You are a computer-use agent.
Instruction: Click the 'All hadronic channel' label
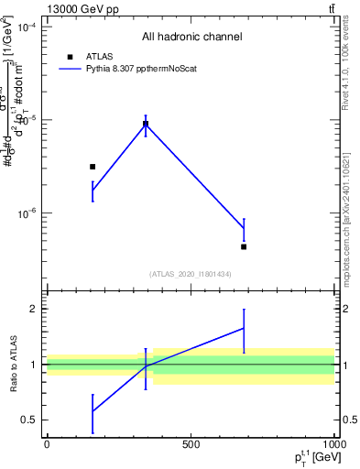(x=191, y=37)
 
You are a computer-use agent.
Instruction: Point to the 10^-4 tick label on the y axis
(x=28, y=27)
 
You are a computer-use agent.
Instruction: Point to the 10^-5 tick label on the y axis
(x=28, y=120)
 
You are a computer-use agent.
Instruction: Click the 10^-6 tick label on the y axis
(x=28, y=213)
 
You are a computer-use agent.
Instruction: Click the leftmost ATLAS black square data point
(x=93, y=167)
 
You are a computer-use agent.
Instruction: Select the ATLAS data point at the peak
(x=146, y=124)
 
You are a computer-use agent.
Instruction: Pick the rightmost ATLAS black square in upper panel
(x=244, y=246)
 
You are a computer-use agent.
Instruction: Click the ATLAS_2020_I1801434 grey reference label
(x=191, y=274)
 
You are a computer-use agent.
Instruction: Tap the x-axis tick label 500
(x=190, y=444)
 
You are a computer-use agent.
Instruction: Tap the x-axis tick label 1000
(x=333, y=444)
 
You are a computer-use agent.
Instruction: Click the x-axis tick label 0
(x=47, y=444)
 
